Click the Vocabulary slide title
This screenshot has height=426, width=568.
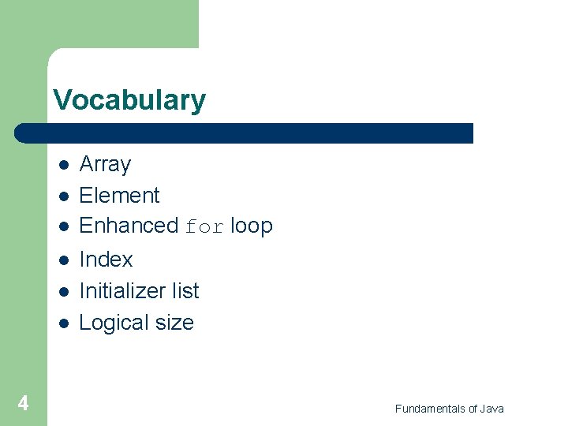tap(129, 100)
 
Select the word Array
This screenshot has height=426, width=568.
tap(105, 164)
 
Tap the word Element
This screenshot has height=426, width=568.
tap(119, 195)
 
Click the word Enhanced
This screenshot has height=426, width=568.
tap(129, 226)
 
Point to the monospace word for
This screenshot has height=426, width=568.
tap(205, 227)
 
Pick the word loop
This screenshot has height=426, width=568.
tap(252, 226)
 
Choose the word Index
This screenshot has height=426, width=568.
tap(106, 260)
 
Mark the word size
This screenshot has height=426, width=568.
tap(175, 323)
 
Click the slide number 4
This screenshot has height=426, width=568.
tap(23, 404)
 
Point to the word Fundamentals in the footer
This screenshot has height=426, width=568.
tap(430, 409)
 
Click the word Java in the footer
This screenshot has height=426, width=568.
tap(491, 409)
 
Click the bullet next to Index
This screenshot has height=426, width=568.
tap(63, 260)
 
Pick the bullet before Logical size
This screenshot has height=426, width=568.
tap(63, 323)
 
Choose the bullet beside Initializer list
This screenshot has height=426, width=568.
tap(63, 292)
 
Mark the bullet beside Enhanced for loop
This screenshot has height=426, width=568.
tap(63, 227)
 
